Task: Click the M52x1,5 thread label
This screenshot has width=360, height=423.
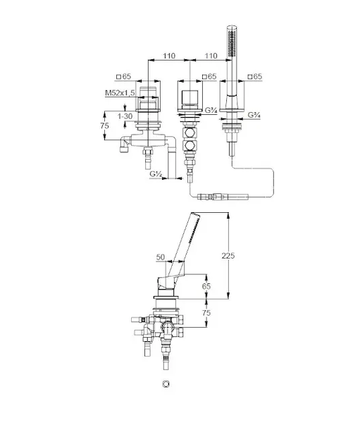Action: tap(120, 93)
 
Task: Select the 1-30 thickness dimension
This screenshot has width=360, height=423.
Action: tap(125, 116)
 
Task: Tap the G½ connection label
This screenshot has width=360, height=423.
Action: tap(156, 174)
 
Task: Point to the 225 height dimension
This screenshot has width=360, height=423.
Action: tap(228, 255)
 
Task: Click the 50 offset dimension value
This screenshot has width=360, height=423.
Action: tap(161, 257)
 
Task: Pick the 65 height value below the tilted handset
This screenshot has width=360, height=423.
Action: tap(206, 286)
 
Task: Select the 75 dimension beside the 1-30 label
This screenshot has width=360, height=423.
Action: tap(104, 125)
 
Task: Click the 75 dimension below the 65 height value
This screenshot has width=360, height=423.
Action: tap(206, 313)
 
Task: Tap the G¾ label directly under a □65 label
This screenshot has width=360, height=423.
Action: tap(211, 110)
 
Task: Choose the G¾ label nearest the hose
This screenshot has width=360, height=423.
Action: tap(254, 115)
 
